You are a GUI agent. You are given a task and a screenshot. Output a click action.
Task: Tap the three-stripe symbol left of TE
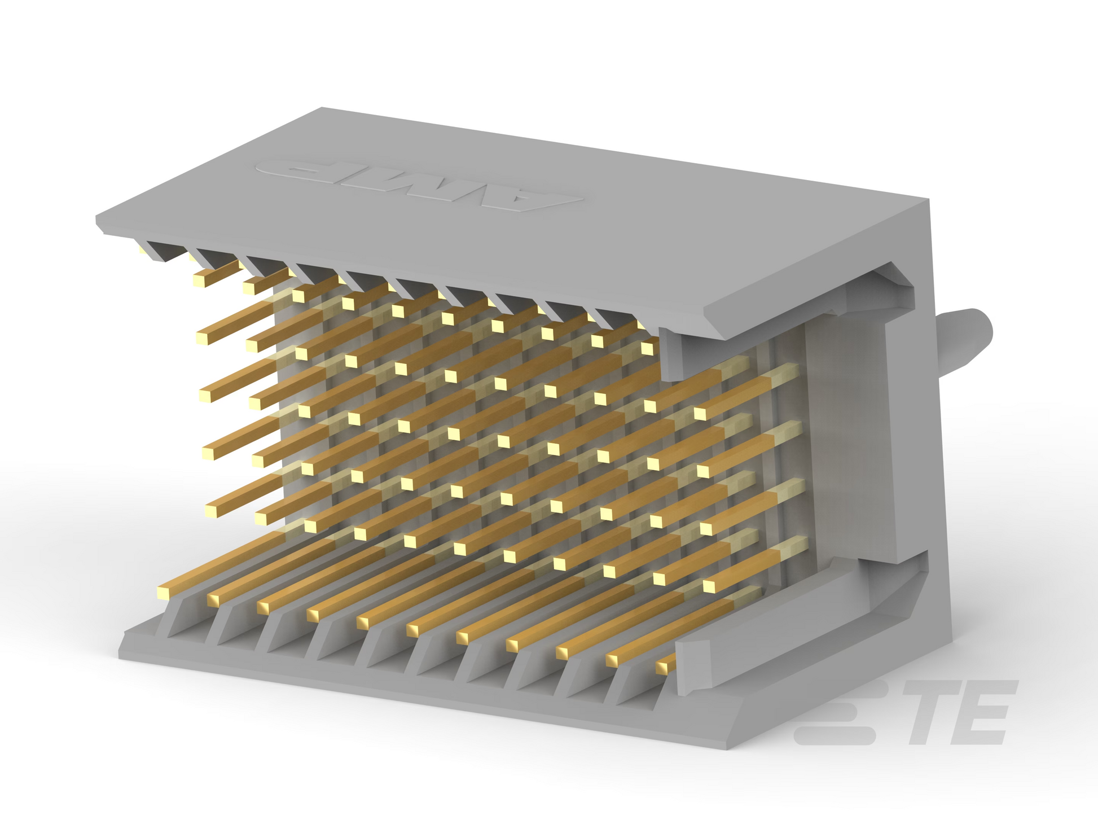[835, 712]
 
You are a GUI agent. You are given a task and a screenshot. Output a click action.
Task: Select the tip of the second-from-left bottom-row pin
[213, 599]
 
